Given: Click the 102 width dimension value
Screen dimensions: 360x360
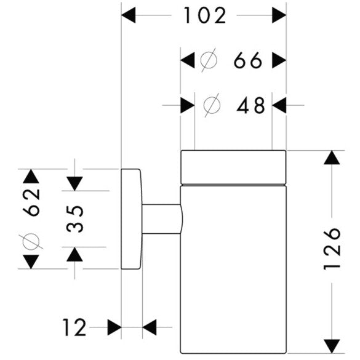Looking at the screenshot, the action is click(x=205, y=15).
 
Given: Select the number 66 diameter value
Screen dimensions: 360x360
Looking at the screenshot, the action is click(x=248, y=60).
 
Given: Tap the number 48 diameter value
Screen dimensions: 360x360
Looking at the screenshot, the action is click(x=250, y=105).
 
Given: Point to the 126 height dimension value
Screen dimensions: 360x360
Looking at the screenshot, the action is click(x=332, y=249).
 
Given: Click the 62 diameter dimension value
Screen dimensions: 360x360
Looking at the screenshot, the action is click(x=31, y=202).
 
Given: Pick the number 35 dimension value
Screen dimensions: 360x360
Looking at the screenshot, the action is click(x=74, y=218).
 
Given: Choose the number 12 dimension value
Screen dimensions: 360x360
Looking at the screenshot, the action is click(x=74, y=327).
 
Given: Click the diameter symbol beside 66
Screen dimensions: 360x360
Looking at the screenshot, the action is click(x=209, y=60).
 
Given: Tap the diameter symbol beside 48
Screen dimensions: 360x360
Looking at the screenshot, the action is click(x=212, y=105).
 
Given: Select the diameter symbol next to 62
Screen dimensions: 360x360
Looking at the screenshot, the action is click(x=31, y=241).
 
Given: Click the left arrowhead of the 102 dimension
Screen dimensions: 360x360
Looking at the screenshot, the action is click(x=129, y=15).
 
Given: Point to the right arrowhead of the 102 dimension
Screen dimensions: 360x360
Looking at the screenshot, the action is click(x=279, y=15).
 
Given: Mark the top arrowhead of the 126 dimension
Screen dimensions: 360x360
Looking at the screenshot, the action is click(x=332, y=158).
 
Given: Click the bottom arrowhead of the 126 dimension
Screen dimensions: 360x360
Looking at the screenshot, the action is click(x=332, y=346).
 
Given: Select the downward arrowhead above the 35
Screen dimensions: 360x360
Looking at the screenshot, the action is click(x=74, y=183).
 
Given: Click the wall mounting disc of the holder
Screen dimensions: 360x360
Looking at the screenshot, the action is click(x=132, y=219).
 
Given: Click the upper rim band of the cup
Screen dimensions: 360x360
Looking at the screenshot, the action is click(x=233, y=167).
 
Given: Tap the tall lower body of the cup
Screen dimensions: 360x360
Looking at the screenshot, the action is click(x=233, y=270).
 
